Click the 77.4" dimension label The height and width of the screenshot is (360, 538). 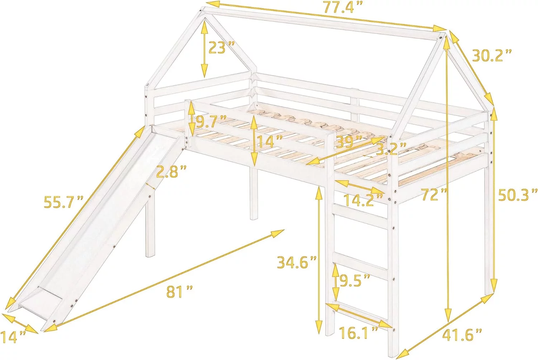click(x=339, y=7)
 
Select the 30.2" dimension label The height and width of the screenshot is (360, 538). click(x=491, y=55)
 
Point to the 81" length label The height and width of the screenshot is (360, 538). click(x=179, y=291)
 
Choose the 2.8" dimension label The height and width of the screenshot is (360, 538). click(x=171, y=172)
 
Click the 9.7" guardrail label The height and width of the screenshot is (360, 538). click(x=211, y=122)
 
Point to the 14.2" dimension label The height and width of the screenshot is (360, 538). click(x=359, y=200)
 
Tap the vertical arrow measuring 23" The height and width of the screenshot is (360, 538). click(x=204, y=48)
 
